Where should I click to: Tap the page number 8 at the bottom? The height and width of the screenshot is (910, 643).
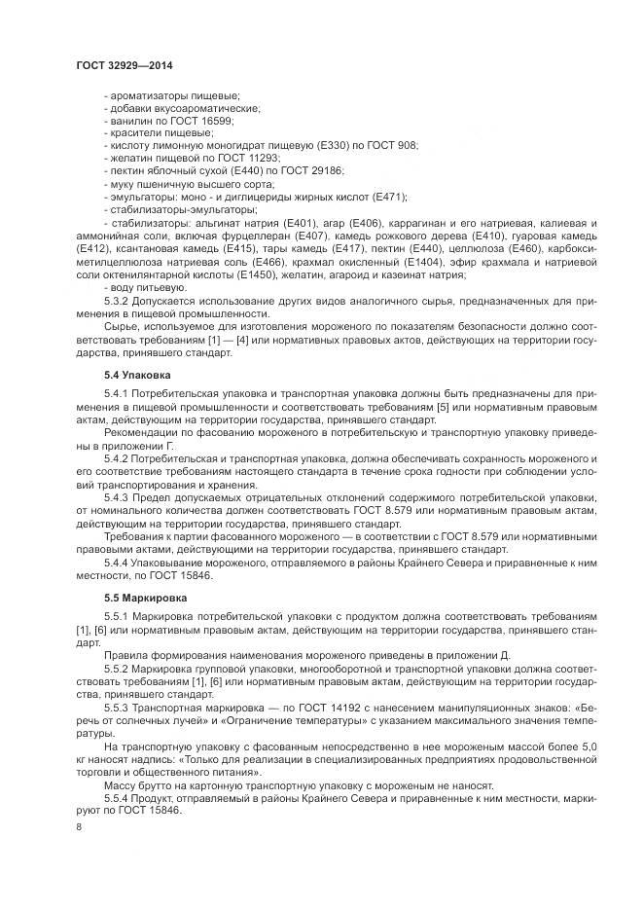click(x=79, y=827)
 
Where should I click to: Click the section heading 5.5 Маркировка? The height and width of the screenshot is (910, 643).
click(x=145, y=597)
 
